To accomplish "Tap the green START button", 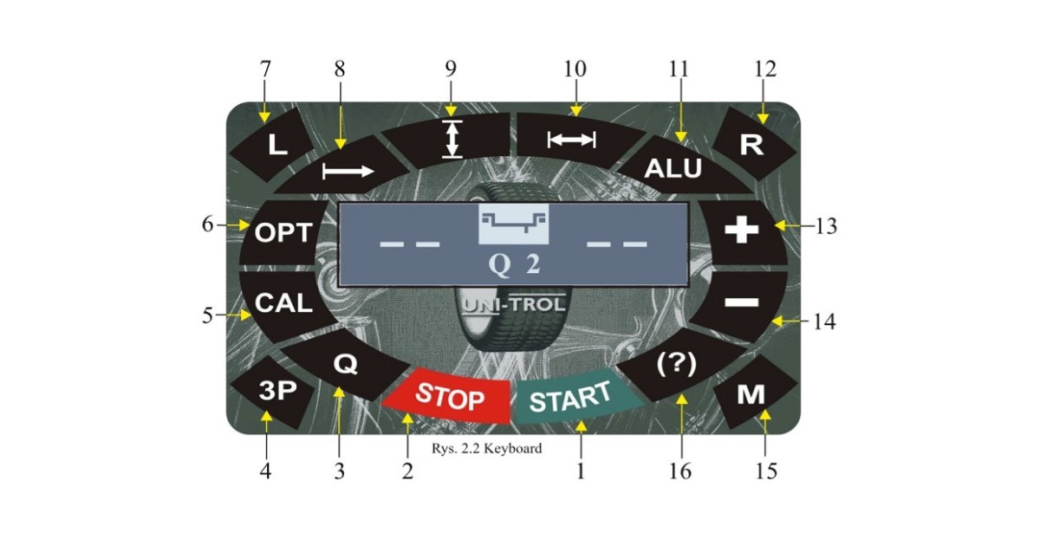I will click(570, 399).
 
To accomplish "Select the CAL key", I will click(283, 303).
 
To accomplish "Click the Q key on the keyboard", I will click(345, 365).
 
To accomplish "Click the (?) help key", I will click(677, 366).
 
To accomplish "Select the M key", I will click(751, 395).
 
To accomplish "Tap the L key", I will click(276, 143).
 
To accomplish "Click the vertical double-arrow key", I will click(450, 139).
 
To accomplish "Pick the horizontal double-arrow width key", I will click(573, 139).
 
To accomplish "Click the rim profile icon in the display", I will click(514, 224).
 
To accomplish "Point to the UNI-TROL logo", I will click(514, 305).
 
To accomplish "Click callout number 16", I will click(680, 471).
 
